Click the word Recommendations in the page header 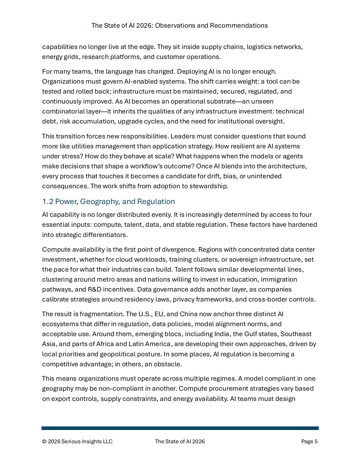pyautogui.click(x=239, y=25)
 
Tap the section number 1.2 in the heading pyautogui.click(x=48, y=202)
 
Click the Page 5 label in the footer pyautogui.click(x=309, y=442)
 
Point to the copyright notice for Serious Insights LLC pyautogui.click(x=77, y=442)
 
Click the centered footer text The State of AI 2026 pyautogui.click(x=180, y=442)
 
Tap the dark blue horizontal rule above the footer pyautogui.click(x=180, y=428)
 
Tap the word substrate pyautogui.click(x=221, y=101)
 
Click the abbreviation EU pyautogui.click(x=159, y=314)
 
